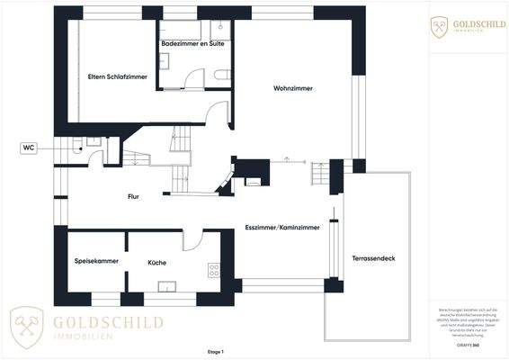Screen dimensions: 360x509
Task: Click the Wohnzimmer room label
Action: [x=293, y=88]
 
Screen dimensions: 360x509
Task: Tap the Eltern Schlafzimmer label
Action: [x=118, y=76]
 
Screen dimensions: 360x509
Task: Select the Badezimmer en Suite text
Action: [x=192, y=43]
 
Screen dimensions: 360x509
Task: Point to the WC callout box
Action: [x=30, y=148]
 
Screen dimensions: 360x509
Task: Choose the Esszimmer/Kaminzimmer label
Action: [x=281, y=229]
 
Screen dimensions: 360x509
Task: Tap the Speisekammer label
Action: [x=96, y=262]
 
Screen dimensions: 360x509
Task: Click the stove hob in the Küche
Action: [x=214, y=268]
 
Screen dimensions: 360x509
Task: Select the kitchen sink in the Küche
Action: [x=166, y=286]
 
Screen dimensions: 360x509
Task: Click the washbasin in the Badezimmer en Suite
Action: [x=165, y=60]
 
